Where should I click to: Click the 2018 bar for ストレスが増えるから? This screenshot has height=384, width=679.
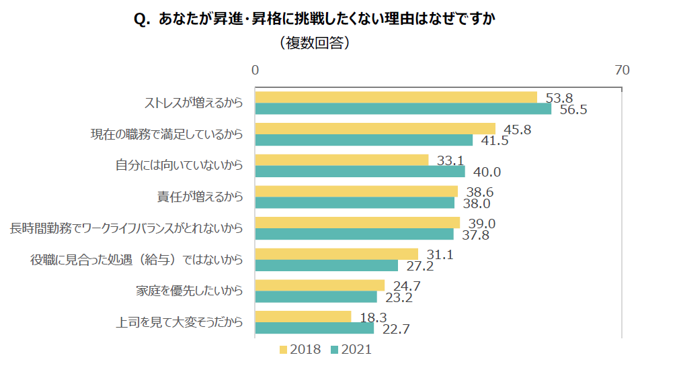tap(396, 97)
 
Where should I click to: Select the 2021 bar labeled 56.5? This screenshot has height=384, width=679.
tap(403, 109)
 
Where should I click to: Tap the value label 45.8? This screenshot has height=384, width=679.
tap(517, 130)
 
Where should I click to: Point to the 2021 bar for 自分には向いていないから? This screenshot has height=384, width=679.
tap(360, 171)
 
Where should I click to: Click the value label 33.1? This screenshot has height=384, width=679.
tap(450, 161)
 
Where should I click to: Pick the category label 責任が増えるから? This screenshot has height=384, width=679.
tap(200, 197)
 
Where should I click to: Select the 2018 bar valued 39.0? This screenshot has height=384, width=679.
tap(357, 222)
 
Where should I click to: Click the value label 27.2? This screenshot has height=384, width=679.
tap(420, 266)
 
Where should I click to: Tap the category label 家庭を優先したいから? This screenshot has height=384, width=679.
tap(189, 291)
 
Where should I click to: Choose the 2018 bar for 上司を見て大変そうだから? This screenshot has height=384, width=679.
tap(303, 316)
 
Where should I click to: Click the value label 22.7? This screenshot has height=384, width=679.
tap(396, 329)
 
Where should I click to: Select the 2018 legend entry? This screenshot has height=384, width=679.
tap(301, 350)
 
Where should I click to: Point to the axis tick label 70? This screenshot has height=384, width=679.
tap(622, 70)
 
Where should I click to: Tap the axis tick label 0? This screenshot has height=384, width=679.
tap(255, 70)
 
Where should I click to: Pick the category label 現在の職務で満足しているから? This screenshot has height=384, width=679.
tap(166, 134)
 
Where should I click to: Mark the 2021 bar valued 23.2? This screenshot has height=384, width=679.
tap(316, 297)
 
